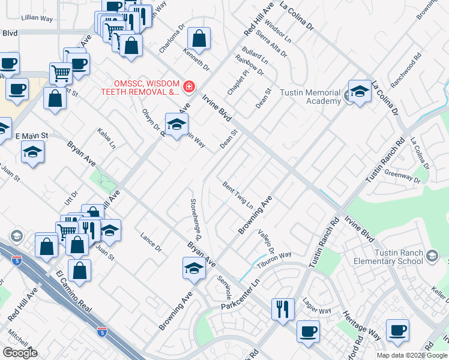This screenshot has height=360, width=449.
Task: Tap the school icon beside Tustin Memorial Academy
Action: (359, 91)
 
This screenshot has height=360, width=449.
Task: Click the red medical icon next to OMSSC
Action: (188, 88)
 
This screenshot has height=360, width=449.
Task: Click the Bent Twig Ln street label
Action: (238, 194)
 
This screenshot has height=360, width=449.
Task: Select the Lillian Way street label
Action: (37, 19)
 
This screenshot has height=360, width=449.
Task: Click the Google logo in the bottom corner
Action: (20, 353)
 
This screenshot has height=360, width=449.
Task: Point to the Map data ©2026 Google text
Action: (412, 355)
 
